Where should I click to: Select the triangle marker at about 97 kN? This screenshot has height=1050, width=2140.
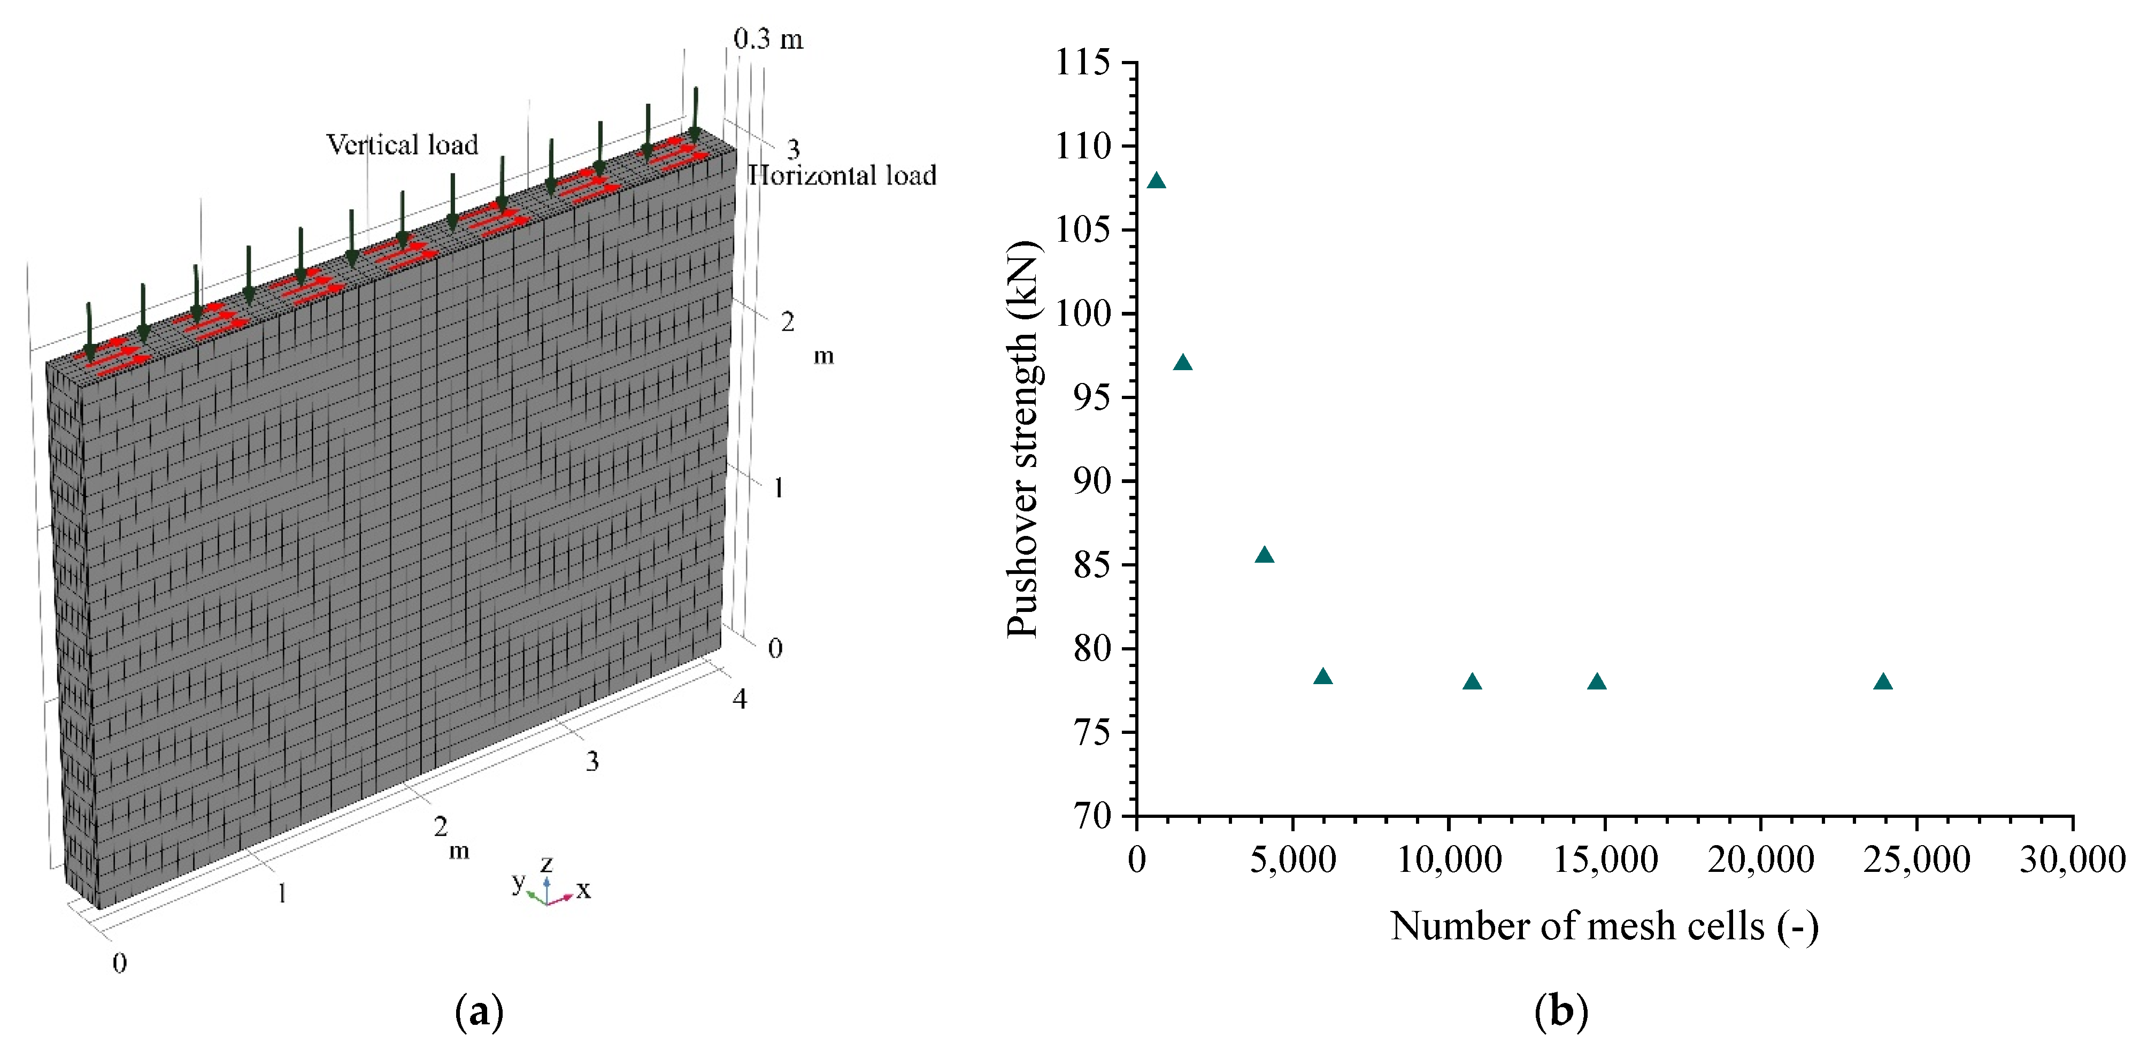[x=1182, y=362]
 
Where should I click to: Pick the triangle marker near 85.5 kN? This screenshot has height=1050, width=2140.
[x=1265, y=555]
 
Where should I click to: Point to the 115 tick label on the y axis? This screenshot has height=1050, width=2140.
[x=1082, y=62]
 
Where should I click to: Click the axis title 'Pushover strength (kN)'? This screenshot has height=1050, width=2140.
[x=1023, y=439]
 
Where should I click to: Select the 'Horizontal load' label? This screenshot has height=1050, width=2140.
[x=842, y=175]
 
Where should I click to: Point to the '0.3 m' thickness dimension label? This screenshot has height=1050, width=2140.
[x=768, y=39]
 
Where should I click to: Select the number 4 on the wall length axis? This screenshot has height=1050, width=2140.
[x=740, y=700]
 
